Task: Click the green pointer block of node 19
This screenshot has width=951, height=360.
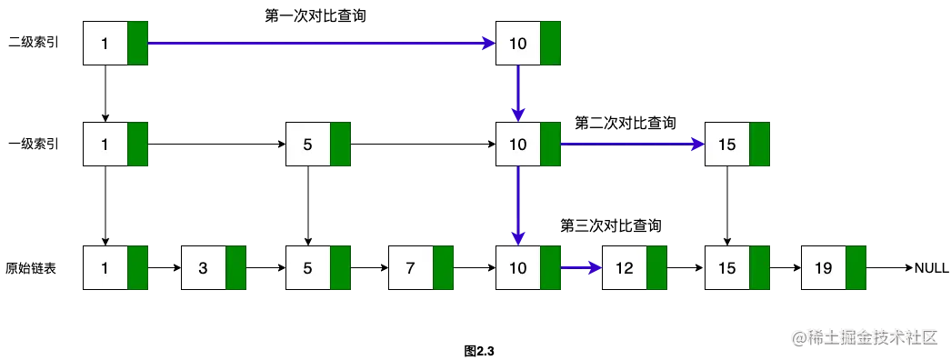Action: [x=856, y=268]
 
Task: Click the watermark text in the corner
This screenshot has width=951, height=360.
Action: [x=863, y=337]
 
